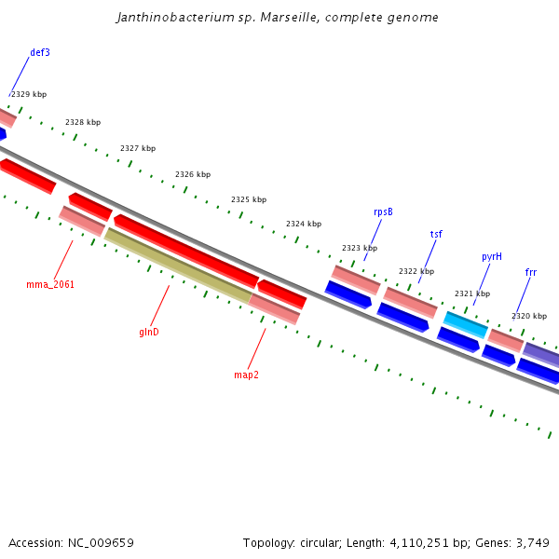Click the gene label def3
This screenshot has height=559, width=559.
40,53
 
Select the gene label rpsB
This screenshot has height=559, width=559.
383,212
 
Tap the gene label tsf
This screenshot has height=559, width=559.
436,234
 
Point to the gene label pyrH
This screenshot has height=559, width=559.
492,256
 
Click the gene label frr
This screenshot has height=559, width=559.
531,273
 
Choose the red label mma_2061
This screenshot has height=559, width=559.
50,284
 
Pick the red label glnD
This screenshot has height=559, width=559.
149,332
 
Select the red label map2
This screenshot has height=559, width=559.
246,375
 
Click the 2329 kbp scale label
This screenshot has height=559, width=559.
29,94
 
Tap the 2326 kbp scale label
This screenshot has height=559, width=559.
193,174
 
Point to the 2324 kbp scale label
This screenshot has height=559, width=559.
304,224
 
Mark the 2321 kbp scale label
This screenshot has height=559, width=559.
472,293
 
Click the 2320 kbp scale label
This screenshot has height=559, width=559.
529,316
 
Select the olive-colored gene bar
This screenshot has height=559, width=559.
177,266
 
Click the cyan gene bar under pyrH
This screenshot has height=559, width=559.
465,324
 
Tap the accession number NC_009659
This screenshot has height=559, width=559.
101,542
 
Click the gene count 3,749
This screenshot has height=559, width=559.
532,542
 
